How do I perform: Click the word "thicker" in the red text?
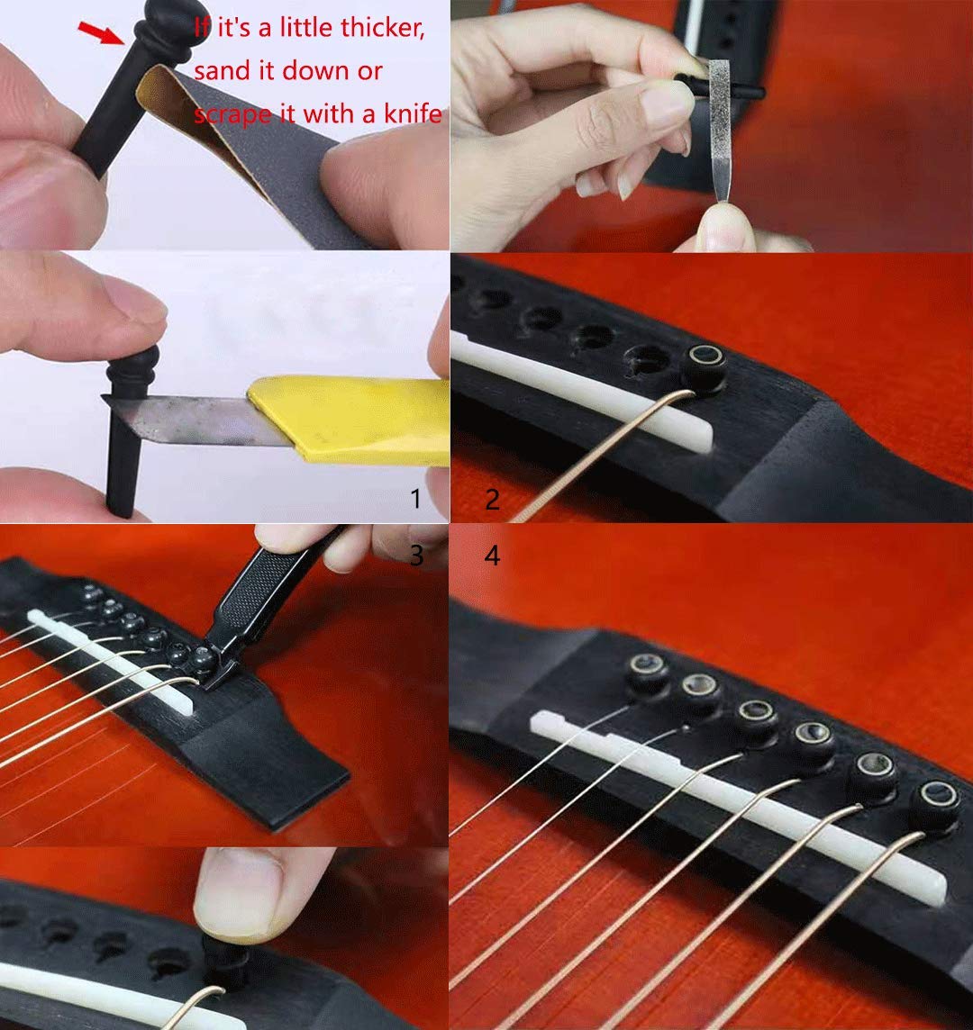[x=384, y=28]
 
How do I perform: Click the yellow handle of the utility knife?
[x=351, y=420]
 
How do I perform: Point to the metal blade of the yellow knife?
[x=189, y=419]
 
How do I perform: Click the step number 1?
[x=415, y=499]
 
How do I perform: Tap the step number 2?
[x=492, y=499]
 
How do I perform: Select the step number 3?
[x=415, y=556]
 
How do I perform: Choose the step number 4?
[x=492, y=556]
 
